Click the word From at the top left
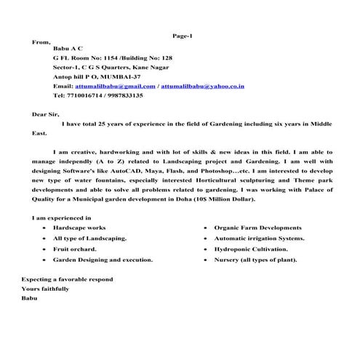42,42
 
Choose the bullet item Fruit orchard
75,248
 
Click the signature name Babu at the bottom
30,298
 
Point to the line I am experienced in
61,217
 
